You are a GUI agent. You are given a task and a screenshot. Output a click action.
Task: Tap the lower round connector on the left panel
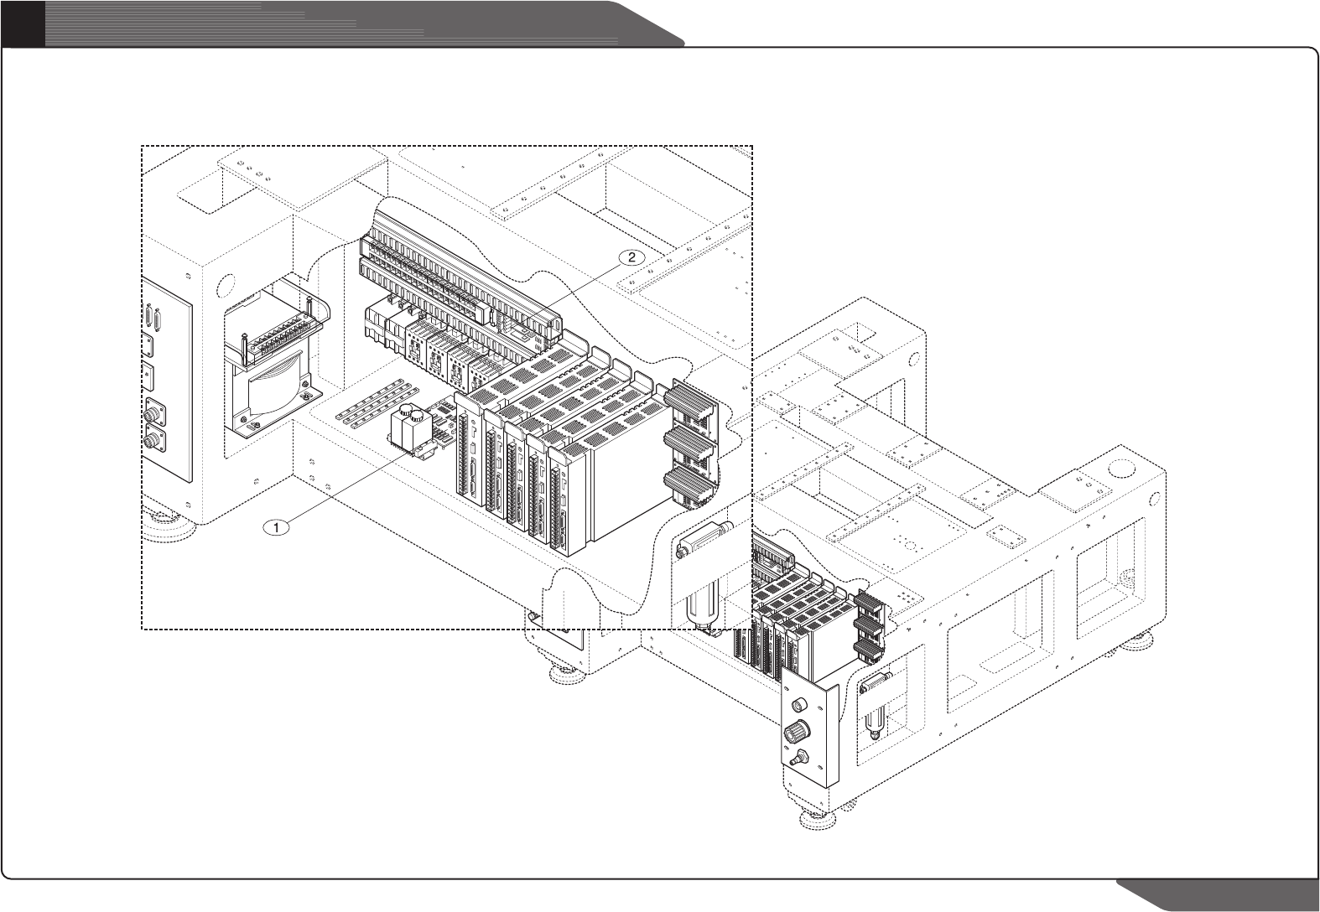(153, 440)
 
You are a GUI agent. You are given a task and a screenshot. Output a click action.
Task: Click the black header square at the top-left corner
(22, 23)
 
